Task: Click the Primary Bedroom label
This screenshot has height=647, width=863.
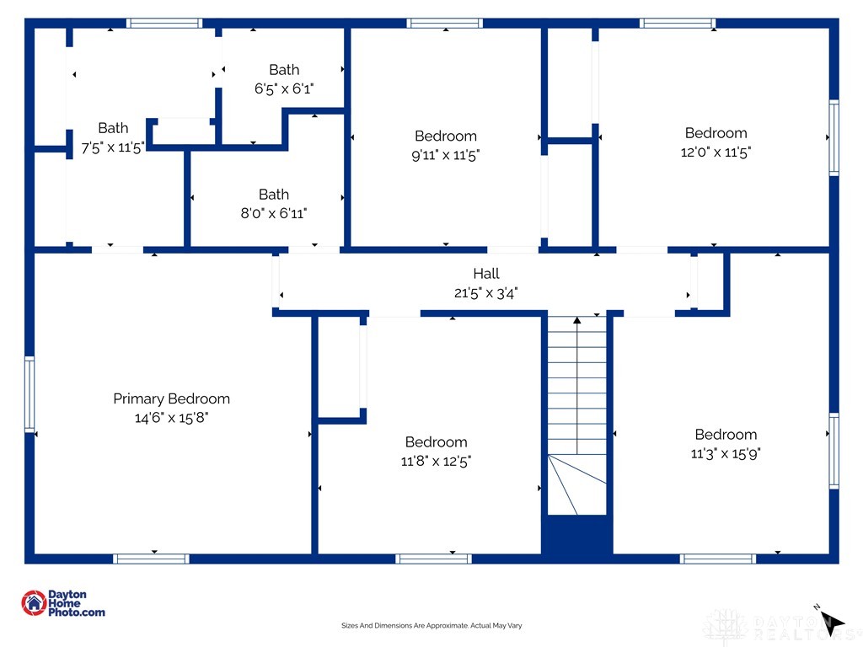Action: click(x=171, y=398)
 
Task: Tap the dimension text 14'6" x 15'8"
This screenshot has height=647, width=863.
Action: click(x=171, y=418)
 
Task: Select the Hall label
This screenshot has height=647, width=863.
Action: click(x=486, y=274)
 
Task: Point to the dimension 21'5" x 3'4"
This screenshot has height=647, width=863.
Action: click(x=486, y=292)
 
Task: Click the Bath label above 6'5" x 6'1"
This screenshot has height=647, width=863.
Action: click(x=284, y=70)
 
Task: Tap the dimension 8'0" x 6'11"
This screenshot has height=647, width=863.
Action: click(x=274, y=213)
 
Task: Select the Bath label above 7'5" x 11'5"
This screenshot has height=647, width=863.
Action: click(x=113, y=128)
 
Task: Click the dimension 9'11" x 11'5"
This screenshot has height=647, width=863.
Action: click(x=446, y=155)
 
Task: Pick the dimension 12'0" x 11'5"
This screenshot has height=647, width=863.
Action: click(x=716, y=152)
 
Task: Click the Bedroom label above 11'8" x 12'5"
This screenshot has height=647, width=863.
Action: click(x=436, y=441)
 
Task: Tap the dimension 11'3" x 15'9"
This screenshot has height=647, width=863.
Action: click(x=726, y=453)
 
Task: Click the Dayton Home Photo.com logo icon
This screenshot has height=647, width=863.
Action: click(x=34, y=603)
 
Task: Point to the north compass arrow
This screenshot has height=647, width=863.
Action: click(x=832, y=623)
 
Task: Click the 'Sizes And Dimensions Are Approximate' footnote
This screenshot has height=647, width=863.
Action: click(x=431, y=626)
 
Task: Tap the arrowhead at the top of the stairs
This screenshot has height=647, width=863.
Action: click(x=576, y=319)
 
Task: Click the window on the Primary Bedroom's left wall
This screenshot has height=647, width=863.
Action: click(x=29, y=394)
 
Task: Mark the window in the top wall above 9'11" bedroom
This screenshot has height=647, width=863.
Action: click(x=445, y=23)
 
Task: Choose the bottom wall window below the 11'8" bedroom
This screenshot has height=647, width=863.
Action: click(x=433, y=559)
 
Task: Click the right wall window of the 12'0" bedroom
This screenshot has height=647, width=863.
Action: click(x=834, y=137)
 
